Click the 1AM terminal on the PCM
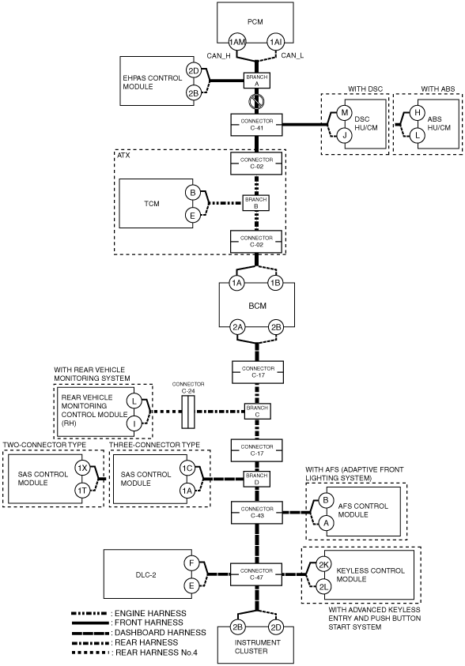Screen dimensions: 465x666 237,42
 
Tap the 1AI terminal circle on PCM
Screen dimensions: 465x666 275,42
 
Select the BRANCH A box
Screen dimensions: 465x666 257,81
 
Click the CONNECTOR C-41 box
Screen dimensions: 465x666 257,125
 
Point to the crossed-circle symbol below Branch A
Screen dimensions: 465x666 257,101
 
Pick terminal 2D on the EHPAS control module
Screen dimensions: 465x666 194,70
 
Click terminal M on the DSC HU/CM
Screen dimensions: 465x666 345,112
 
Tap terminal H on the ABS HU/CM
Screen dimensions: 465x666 418,112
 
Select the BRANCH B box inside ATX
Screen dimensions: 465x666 256,202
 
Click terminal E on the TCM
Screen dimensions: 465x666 192,216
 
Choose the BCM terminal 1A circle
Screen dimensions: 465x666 236,284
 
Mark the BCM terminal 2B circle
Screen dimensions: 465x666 276,327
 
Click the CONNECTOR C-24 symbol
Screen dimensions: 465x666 188,412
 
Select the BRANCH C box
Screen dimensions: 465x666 257,411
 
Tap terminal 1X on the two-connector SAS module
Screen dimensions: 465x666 82,468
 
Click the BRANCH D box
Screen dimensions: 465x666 257,479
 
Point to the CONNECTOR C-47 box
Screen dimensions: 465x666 256,574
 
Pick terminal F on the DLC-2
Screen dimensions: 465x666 191,563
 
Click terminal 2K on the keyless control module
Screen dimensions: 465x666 324,565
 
